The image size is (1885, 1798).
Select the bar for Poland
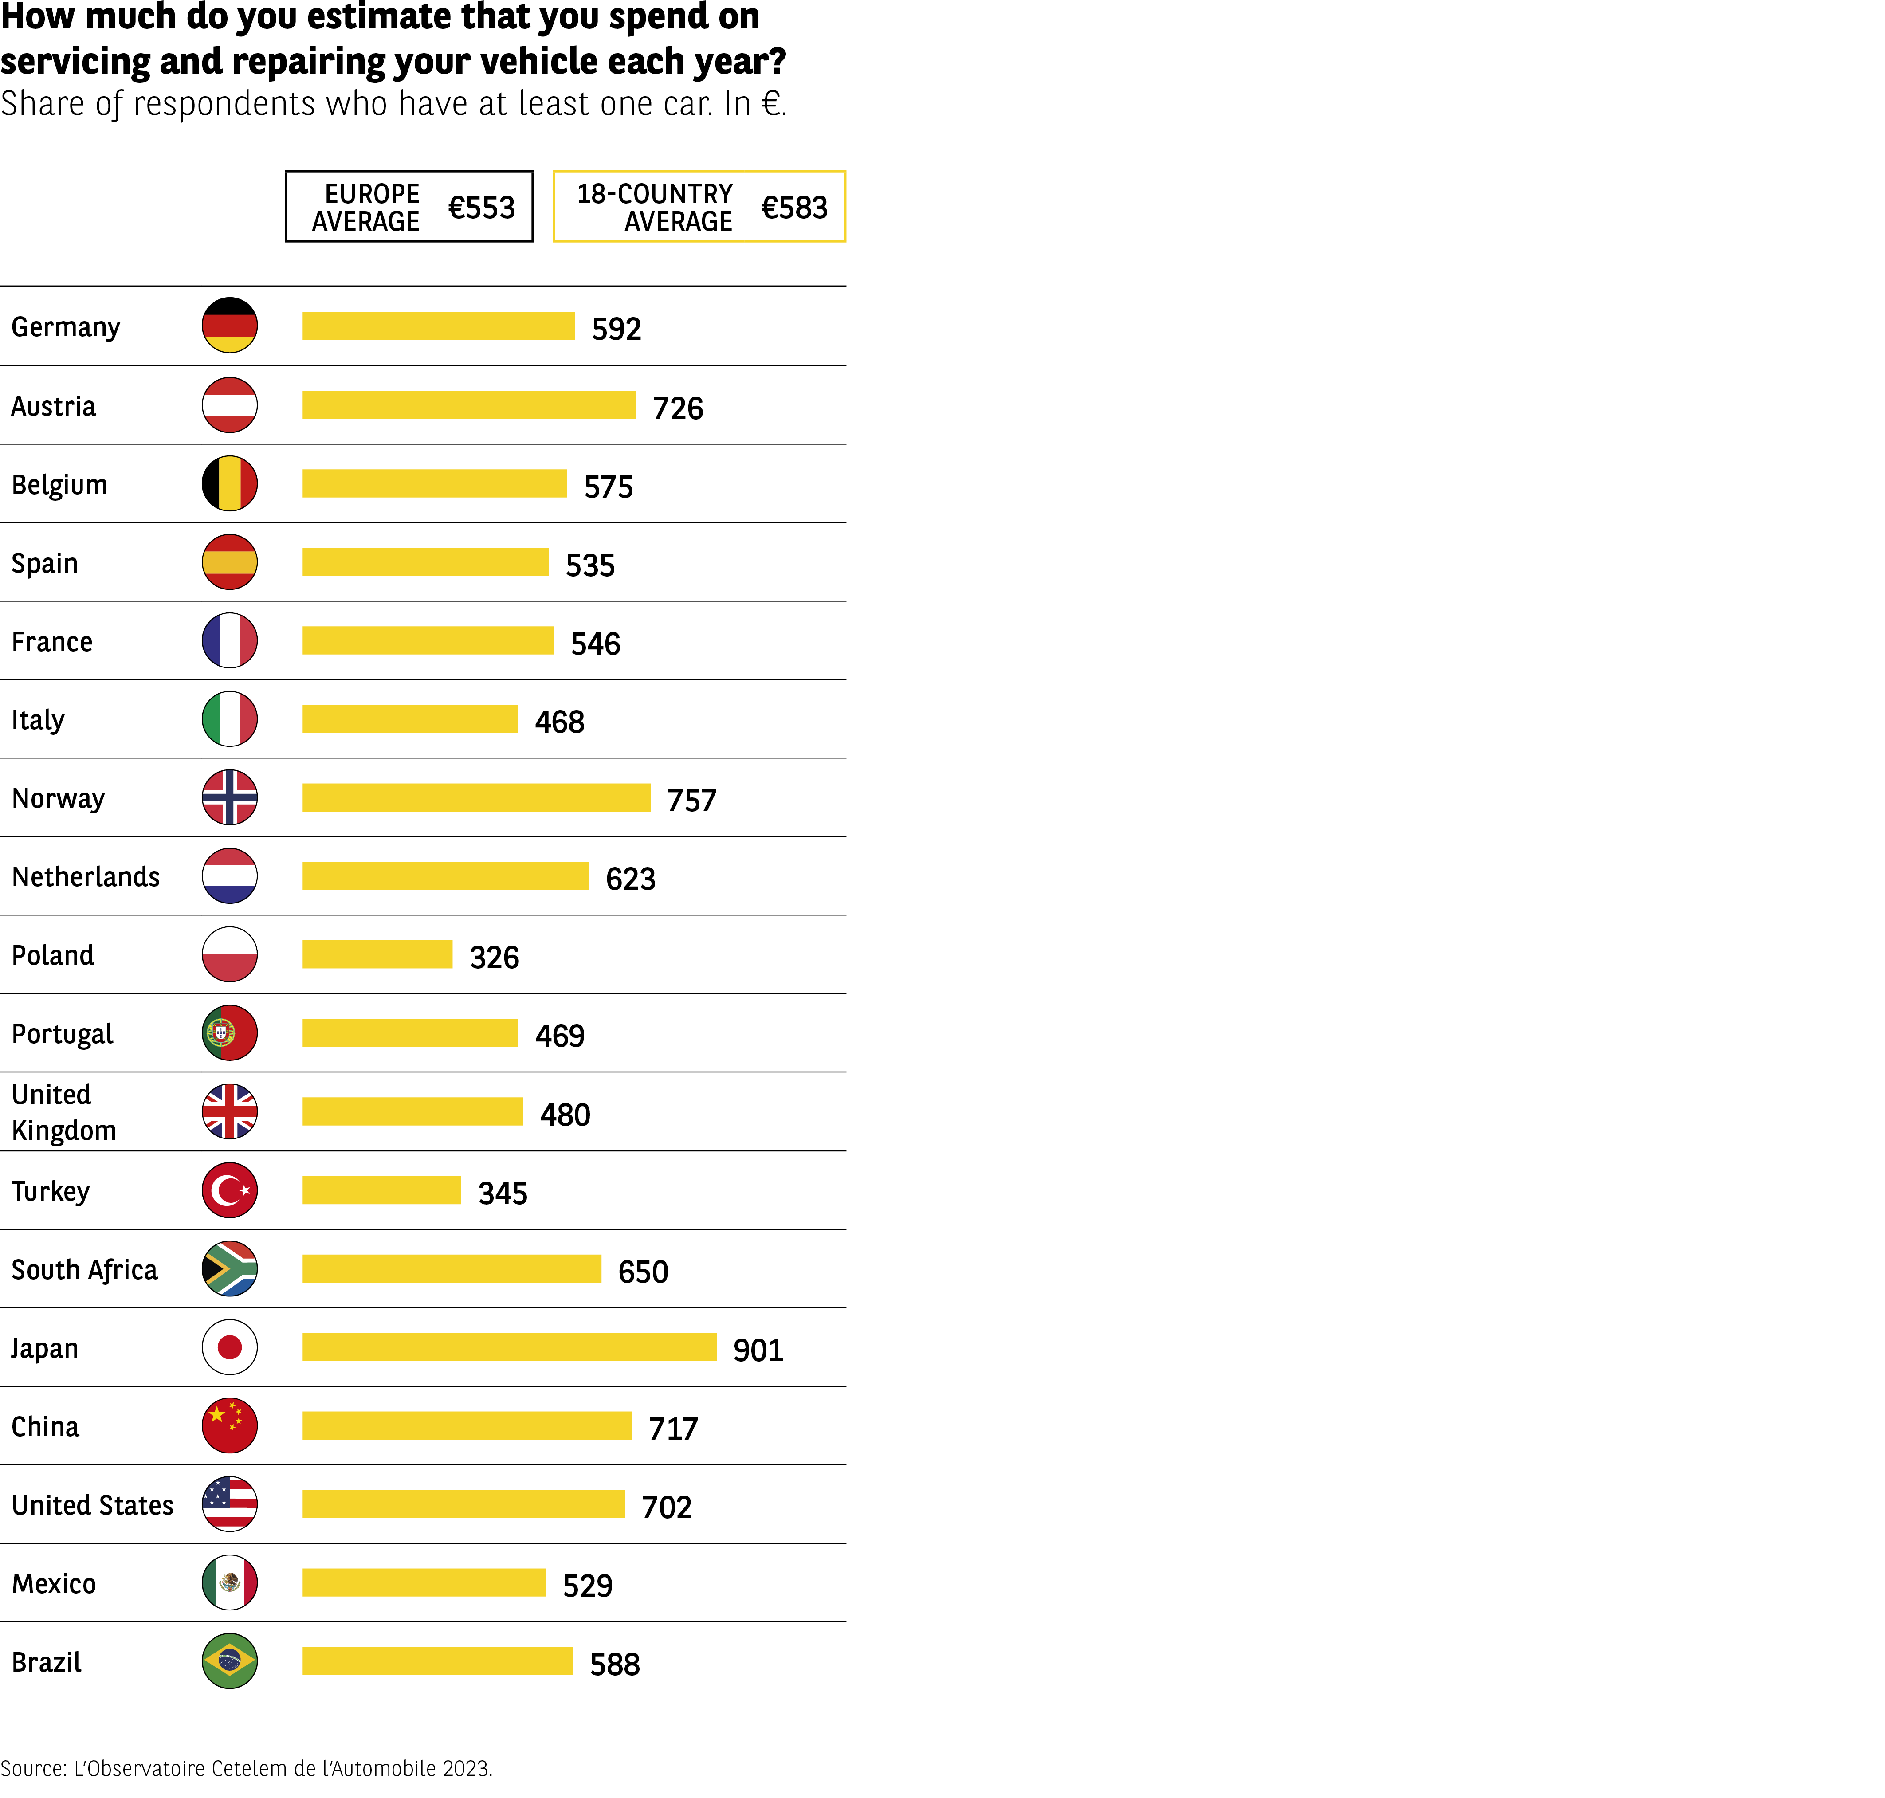point(377,954)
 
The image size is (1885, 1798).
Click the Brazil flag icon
point(229,1661)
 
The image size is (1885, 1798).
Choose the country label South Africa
point(84,1270)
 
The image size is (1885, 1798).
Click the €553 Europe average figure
point(481,207)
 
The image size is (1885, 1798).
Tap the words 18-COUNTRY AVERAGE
point(655,207)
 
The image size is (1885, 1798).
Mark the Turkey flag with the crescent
point(229,1190)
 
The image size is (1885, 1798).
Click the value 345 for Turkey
point(502,1193)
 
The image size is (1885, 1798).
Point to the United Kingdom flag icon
point(229,1112)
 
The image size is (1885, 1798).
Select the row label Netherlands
point(85,877)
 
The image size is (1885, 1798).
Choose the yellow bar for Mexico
point(424,1582)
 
